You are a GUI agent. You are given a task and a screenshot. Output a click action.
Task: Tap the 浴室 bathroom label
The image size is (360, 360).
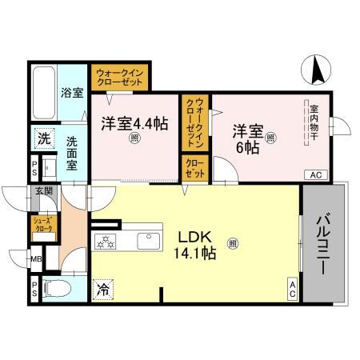point(73,93)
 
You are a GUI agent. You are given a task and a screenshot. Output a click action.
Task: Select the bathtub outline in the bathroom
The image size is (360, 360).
point(45,92)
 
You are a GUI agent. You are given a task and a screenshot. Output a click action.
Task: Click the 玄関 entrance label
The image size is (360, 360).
point(43,192)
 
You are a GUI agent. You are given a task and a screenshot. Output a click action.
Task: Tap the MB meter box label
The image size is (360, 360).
point(37,258)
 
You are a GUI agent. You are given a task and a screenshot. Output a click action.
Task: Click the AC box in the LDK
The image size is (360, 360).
point(293,290)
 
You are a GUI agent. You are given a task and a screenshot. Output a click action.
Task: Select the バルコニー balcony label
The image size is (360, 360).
point(323,243)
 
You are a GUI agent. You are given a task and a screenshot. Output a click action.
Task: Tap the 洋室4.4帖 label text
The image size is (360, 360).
point(134,124)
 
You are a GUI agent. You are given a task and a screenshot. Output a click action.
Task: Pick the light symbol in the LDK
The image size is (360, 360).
point(232,243)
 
